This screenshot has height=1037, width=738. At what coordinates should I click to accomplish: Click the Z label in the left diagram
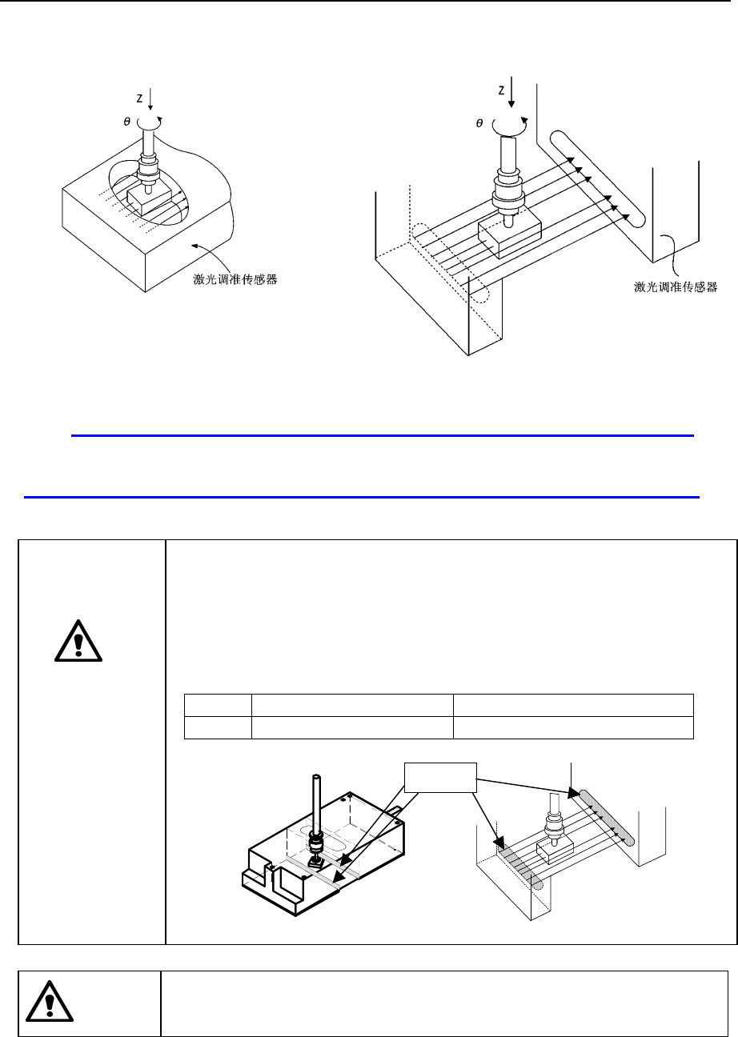point(139,98)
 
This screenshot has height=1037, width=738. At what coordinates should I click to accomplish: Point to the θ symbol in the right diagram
point(480,124)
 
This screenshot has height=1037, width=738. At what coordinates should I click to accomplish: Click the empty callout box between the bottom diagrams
point(439,775)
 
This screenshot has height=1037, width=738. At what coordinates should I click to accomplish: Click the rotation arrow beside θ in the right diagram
point(511,125)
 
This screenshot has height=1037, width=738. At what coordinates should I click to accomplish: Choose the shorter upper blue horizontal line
point(382,436)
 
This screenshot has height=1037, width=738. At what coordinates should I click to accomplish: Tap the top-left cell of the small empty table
point(218,705)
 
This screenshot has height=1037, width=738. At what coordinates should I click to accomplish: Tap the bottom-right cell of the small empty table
point(572,726)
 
